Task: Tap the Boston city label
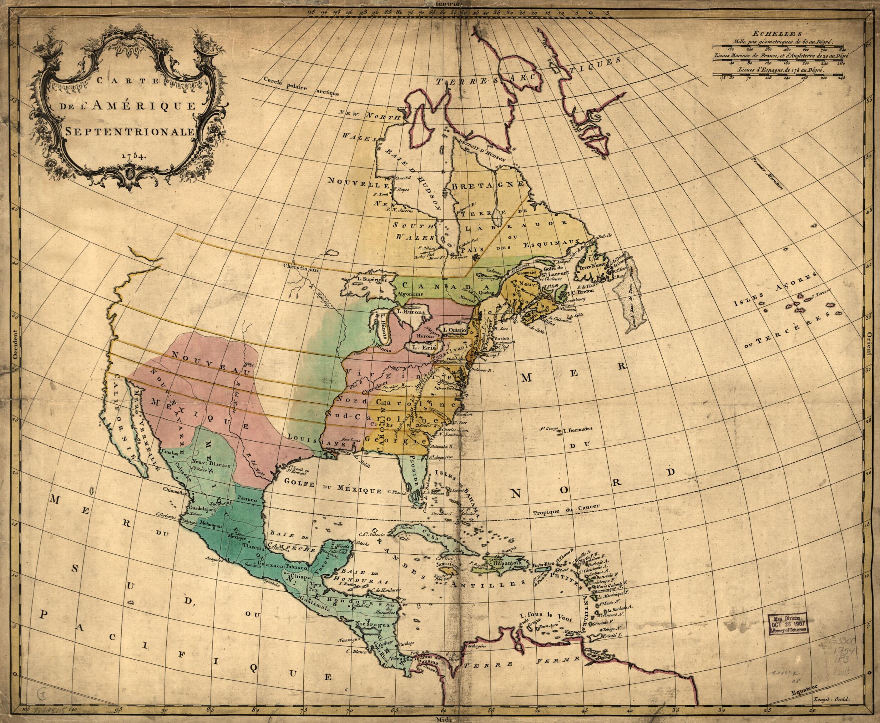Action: (x=501, y=338)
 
